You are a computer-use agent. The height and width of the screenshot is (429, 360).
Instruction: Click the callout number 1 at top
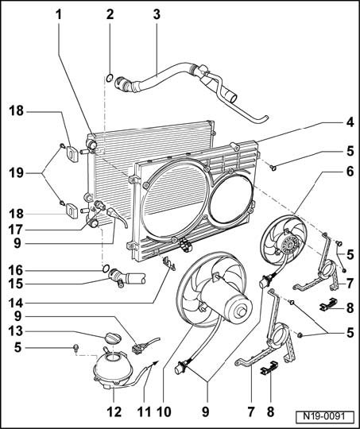pyautogui.click(x=59, y=14)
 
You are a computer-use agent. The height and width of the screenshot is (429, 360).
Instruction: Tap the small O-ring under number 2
pyautogui.click(x=109, y=78)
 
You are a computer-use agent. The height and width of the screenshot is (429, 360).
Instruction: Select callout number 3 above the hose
pyautogui.click(x=157, y=14)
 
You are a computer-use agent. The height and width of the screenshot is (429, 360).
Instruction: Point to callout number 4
pyautogui.click(x=350, y=122)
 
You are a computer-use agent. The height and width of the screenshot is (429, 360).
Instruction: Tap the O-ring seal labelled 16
pyautogui.click(x=106, y=269)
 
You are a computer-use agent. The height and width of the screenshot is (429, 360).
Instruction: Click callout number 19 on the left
pyautogui.click(x=17, y=173)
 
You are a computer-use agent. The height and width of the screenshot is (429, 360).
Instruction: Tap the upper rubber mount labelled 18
pyautogui.click(x=72, y=154)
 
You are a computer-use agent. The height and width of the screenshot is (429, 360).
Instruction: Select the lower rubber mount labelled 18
pyautogui.click(x=72, y=211)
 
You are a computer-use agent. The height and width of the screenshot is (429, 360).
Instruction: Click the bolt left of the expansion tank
pyautogui.click(x=75, y=348)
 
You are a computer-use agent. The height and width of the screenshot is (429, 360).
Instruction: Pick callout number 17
pyautogui.click(x=17, y=230)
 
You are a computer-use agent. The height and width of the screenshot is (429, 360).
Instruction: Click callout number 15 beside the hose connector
pyautogui.click(x=17, y=284)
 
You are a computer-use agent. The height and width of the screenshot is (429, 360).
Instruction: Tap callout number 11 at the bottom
pyautogui.click(x=145, y=412)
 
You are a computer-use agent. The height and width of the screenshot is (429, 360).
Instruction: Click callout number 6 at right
pyautogui.click(x=350, y=172)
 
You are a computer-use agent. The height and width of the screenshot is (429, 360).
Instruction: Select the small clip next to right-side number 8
pyautogui.click(x=328, y=304)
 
